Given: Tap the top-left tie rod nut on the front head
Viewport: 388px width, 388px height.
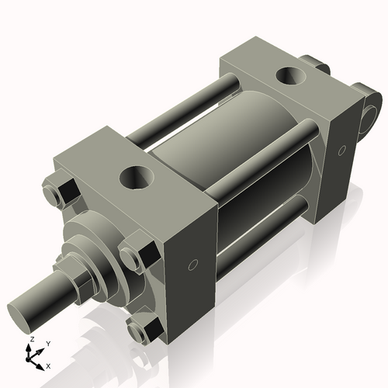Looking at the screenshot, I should click(62, 191).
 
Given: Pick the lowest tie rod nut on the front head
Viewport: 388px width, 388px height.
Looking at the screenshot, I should click(143, 331).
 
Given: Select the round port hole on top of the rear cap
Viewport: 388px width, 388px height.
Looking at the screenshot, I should click(293, 77).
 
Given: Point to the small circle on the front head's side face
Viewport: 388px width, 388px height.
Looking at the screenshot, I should click(193, 265).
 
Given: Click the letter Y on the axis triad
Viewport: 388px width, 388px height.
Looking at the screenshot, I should click(47, 343).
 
